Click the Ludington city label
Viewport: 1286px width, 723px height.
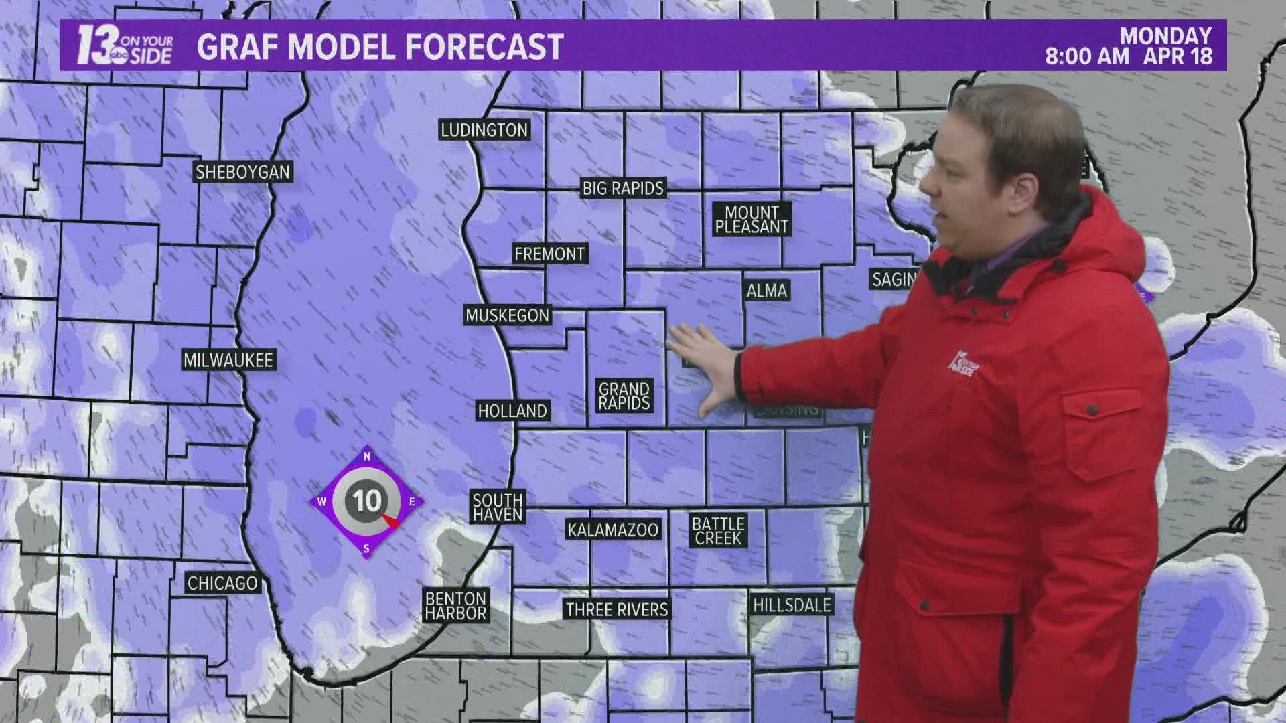point(484,130)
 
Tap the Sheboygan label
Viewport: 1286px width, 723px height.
point(242,172)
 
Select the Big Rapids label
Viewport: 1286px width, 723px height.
point(623,188)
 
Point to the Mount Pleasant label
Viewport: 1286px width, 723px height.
point(752,220)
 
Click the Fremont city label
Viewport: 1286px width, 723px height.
point(549,254)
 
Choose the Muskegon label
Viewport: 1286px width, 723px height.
point(507,315)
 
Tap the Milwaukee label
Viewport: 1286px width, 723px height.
point(228,360)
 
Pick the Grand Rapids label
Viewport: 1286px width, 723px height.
point(624,396)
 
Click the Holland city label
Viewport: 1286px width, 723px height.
point(512,410)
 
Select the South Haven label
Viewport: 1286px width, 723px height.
point(497,507)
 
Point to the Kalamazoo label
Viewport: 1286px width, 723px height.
point(613,530)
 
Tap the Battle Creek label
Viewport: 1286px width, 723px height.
point(718,531)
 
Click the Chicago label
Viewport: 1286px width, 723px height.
point(222,583)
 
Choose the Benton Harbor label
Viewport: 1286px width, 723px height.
point(455,606)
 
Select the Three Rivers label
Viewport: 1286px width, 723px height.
point(617,609)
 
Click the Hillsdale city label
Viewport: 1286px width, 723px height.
point(792,605)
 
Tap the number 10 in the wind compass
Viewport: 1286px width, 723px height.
point(367,501)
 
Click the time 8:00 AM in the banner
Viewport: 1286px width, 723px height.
point(1087,56)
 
